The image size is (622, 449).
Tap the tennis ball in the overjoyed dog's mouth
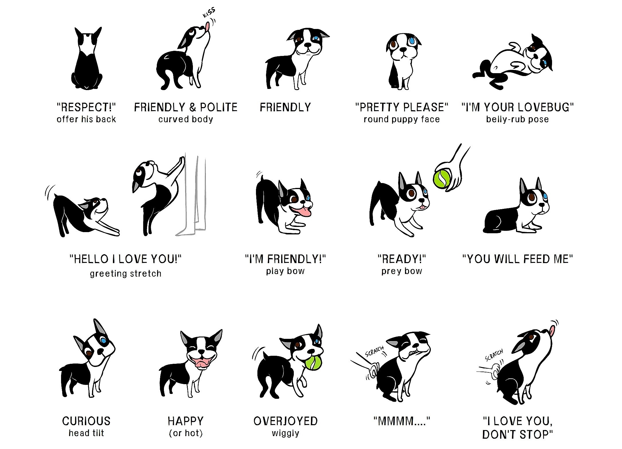(314, 363)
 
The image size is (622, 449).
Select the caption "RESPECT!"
(86, 107)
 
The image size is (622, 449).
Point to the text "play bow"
(285, 271)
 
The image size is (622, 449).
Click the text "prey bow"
(402, 271)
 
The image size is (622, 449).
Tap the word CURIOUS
(86, 421)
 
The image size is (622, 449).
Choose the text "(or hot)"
(186, 433)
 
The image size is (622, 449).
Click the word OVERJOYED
(285, 421)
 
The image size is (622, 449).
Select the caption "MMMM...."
(402, 421)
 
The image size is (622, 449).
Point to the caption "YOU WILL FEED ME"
(517, 259)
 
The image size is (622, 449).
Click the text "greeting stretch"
(126, 274)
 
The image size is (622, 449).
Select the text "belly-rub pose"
(517, 119)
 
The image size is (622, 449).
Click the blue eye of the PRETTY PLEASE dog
(412, 40)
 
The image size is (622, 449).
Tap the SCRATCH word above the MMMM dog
(374, 351)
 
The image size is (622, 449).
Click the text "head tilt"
(86, 433)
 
